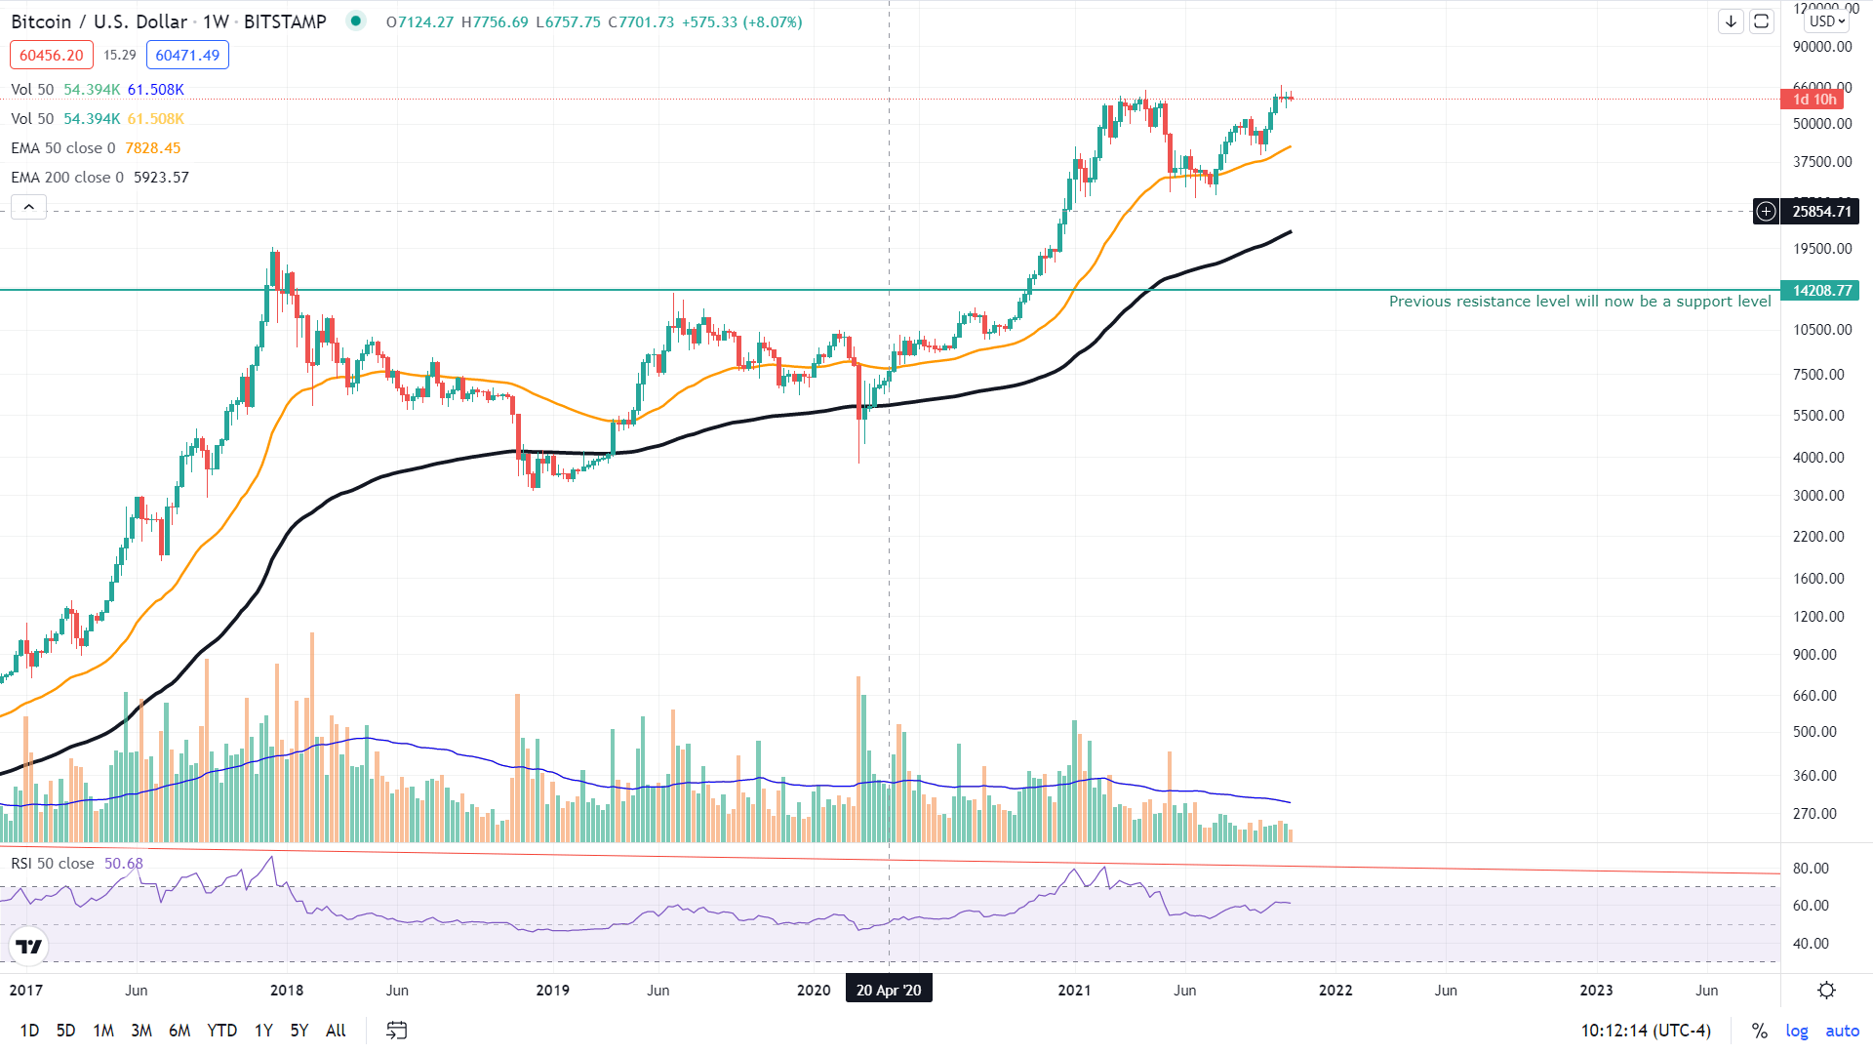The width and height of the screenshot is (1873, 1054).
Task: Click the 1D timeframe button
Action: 29,1031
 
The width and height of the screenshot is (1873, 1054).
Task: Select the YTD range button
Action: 221,1031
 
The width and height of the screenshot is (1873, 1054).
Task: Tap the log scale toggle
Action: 1796,1031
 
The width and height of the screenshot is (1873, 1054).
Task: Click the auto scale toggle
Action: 1842,1031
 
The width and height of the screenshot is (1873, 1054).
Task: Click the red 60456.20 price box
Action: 52,56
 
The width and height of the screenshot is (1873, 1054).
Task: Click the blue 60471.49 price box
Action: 187,56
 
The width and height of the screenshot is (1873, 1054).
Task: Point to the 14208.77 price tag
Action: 1820,291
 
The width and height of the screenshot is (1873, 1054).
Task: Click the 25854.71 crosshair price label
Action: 1820,212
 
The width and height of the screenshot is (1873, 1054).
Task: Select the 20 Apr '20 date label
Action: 888,990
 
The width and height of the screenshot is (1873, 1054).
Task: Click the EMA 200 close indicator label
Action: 66,178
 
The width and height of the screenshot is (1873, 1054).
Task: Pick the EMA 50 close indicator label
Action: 62,148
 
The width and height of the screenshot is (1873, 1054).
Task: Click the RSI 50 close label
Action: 53,864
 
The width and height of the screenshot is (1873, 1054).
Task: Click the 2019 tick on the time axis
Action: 553,990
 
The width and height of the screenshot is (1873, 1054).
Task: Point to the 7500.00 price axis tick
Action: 1817,375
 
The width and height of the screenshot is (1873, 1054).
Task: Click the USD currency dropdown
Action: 1826,21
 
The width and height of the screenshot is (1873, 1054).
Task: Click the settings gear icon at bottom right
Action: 1826,990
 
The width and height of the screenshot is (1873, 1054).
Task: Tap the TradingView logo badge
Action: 29,946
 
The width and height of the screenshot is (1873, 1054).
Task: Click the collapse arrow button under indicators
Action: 29,207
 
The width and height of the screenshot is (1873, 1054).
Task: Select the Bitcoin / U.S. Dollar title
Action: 99,21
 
